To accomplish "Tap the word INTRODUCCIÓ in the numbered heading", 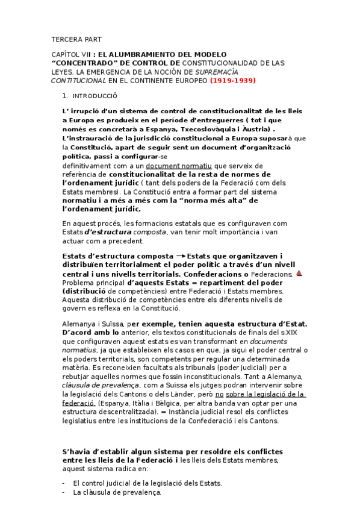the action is click(95, 96).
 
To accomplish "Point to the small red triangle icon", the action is click(299, 273).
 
